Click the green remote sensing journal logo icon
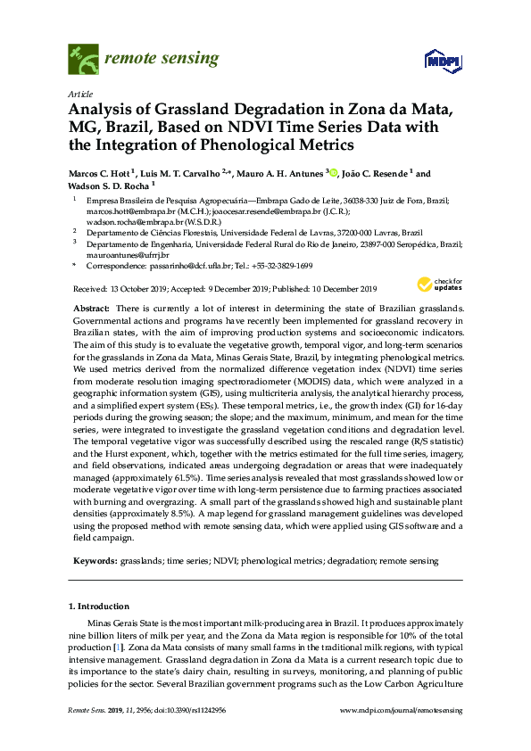coord(83,61)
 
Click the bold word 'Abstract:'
coord(92,308)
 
